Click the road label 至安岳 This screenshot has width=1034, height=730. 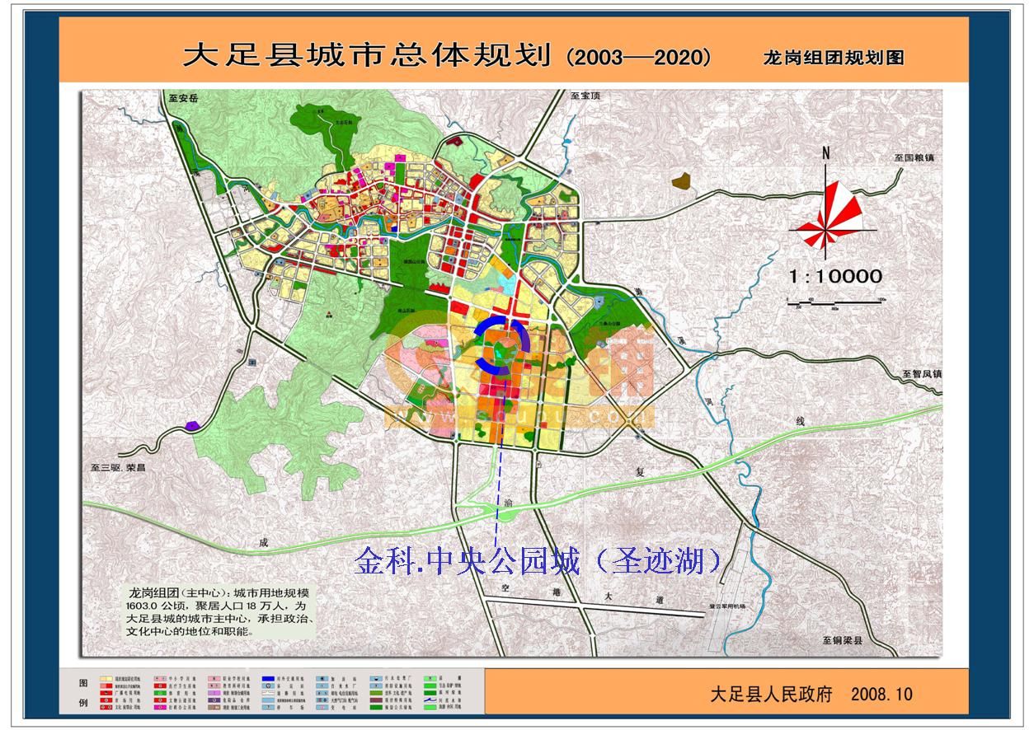[183, 98]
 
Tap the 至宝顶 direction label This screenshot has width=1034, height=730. [585, 96]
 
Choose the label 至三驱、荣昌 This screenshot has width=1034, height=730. [118, 467]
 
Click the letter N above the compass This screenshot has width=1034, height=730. [825, 153]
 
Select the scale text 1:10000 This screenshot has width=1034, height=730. [835, 276]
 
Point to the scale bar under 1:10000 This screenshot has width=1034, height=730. [835, 302]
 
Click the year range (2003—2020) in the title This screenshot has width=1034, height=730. [639, 57]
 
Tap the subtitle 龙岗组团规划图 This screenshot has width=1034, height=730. [834, 57]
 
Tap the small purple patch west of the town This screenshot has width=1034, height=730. [193, 425]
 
